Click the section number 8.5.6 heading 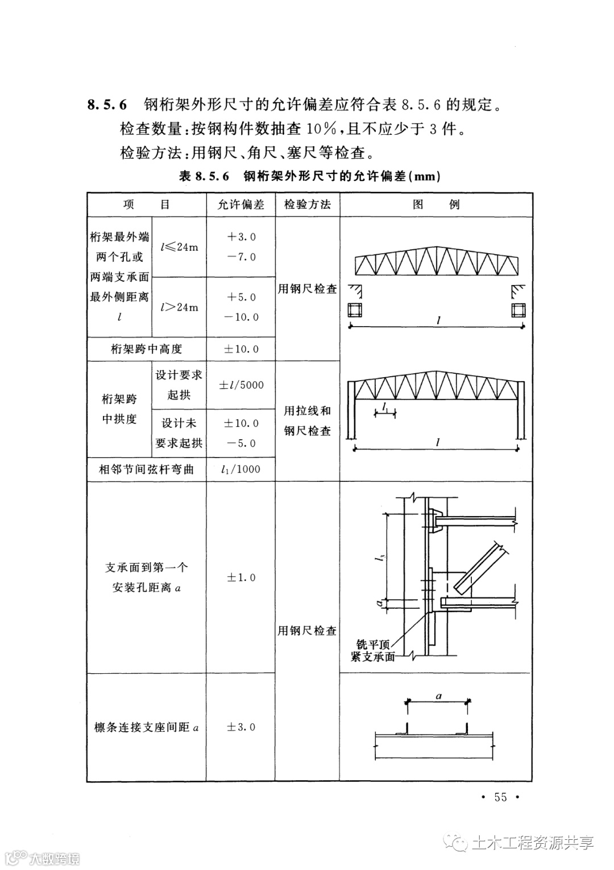tap(107, 105)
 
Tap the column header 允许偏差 tap(241, 205)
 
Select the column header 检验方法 tap(307, 205)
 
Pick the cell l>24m tap(179, 307)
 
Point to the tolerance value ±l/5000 tap(241, 385)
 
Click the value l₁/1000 tap(241, 469)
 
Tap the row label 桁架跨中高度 tap(146, 349)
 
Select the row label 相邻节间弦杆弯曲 tap(146, 469)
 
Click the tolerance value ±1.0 tap(241, 578)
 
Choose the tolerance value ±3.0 tap(241, 727)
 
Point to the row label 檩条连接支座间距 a tap(146, 727)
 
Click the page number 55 tap(500, 797)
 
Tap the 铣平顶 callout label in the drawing tap(373, 645)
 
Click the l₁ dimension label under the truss tap(385, 406)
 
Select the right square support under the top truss tap(518, 311)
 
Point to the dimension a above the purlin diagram tap(438, 695)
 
